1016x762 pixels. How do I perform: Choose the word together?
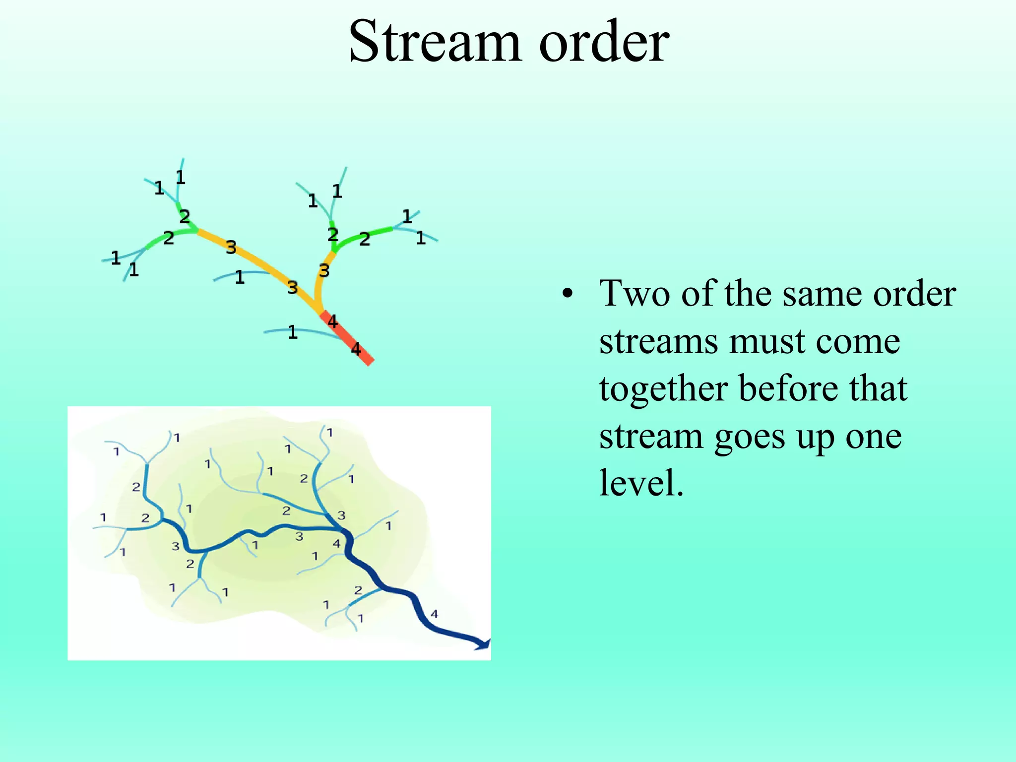[x=663, y=389]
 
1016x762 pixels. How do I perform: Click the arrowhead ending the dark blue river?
[x=484, y=644]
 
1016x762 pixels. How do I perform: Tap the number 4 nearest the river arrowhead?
[x=434, y=614]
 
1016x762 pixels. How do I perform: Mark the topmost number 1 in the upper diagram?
[x=180, y=177]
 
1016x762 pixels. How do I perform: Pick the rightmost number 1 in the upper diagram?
[x=421, y=239]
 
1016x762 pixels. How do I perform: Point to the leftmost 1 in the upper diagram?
[x=116, y=258]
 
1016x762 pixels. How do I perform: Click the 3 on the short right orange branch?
[x=324, y=271]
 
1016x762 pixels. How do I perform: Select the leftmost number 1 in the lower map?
[x=103, y=517]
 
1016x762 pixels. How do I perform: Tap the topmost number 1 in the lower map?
[x=329, y=433]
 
